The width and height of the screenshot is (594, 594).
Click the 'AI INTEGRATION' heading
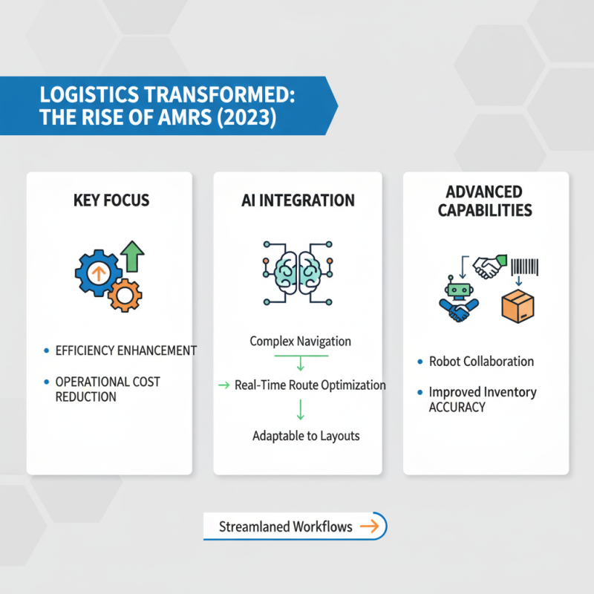pos(297,200)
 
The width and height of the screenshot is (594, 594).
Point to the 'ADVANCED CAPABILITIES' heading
pos(485,200)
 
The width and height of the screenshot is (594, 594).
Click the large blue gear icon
pos(97,273)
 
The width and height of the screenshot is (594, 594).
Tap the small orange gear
pos(124,296)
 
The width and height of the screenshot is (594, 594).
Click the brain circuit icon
pos(297,274)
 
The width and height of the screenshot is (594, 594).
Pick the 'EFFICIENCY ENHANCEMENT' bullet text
pos(125,350)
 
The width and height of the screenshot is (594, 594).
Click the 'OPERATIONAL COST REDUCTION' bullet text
pos(107,389)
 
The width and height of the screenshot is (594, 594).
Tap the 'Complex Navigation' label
pos(300,342)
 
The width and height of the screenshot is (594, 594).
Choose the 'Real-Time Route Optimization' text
pos(310,385)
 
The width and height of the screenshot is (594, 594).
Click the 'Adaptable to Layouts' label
pos(306,435)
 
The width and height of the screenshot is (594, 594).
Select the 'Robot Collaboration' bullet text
pos(481,362)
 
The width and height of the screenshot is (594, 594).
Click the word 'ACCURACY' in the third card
pos(457,407)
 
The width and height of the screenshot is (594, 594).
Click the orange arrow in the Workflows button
pos(368,526)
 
